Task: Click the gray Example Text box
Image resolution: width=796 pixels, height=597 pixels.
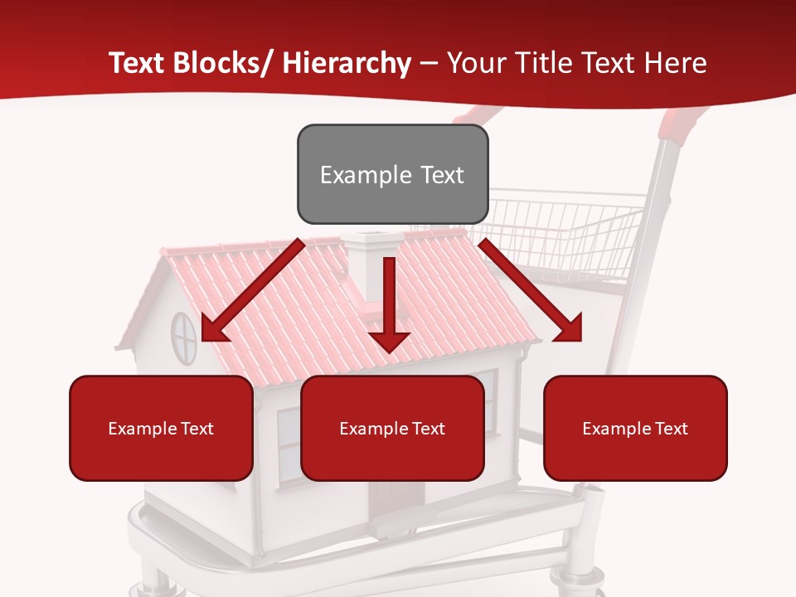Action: point(392,174)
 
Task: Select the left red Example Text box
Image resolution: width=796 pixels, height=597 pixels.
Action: point(161,428)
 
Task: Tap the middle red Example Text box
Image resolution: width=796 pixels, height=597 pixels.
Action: point(392,428)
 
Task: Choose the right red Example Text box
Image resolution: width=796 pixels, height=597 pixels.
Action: point(635,428)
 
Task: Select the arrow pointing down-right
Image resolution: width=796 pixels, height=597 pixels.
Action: point(531,290)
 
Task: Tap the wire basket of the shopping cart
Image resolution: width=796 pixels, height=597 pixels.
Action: point(572,232)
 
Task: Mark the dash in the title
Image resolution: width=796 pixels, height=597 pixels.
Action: point(429,64)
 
